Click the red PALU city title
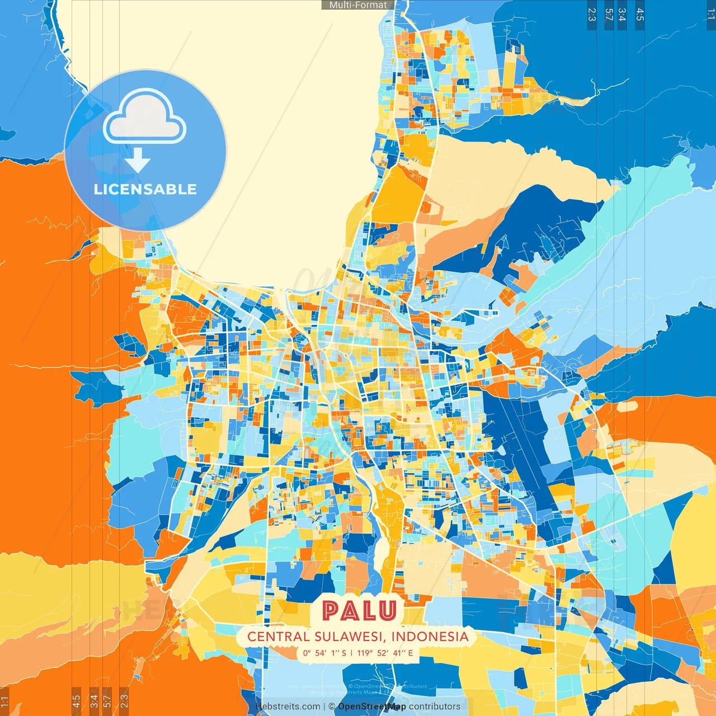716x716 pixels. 359,611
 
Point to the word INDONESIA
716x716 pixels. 430,637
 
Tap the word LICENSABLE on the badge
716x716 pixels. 145,189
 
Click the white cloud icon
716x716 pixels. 145,118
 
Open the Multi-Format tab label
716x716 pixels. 358,5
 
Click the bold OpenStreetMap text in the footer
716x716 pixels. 372,706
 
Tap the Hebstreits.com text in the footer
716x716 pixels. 288,706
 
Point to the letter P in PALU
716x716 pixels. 331,611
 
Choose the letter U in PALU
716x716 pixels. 387,611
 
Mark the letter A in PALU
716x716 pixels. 350,611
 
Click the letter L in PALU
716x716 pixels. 369,611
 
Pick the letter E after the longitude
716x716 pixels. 410,653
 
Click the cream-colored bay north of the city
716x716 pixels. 235,140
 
